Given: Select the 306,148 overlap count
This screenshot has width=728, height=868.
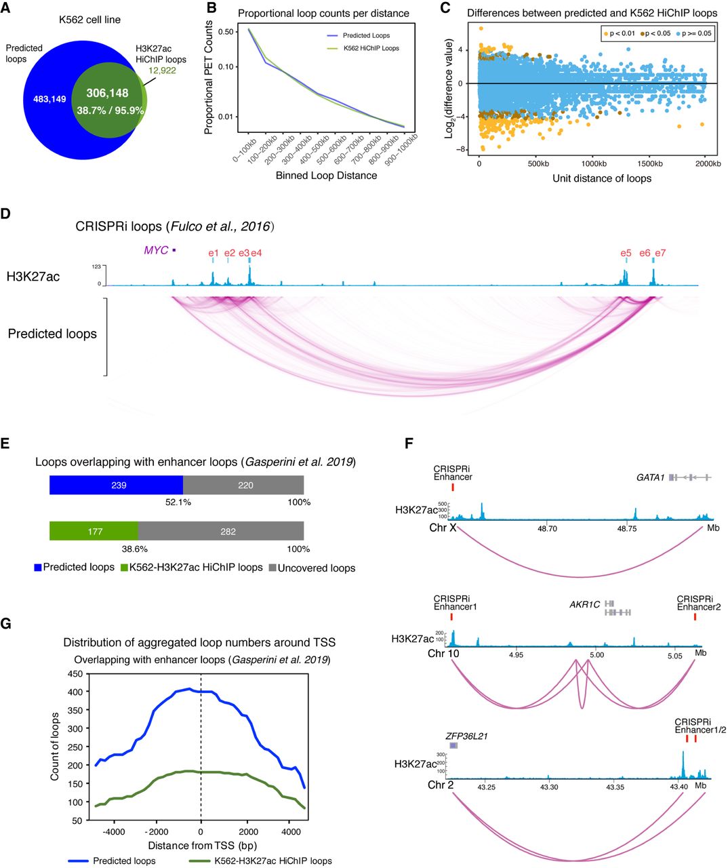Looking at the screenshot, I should (107, 94).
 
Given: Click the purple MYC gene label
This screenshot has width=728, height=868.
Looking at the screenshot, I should (155, 251).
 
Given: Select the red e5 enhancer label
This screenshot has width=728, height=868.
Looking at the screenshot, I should (626, 254).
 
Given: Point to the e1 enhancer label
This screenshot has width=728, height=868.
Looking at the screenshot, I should (214, 254).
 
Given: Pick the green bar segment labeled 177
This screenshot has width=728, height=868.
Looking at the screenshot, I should (94, 532).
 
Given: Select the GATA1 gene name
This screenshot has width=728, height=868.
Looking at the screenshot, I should (650, 477).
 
